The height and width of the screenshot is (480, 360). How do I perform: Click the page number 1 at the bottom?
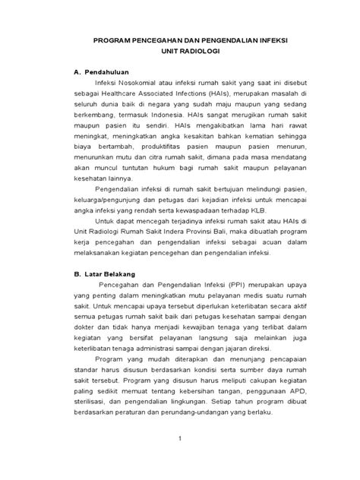click(x=180, y=460)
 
